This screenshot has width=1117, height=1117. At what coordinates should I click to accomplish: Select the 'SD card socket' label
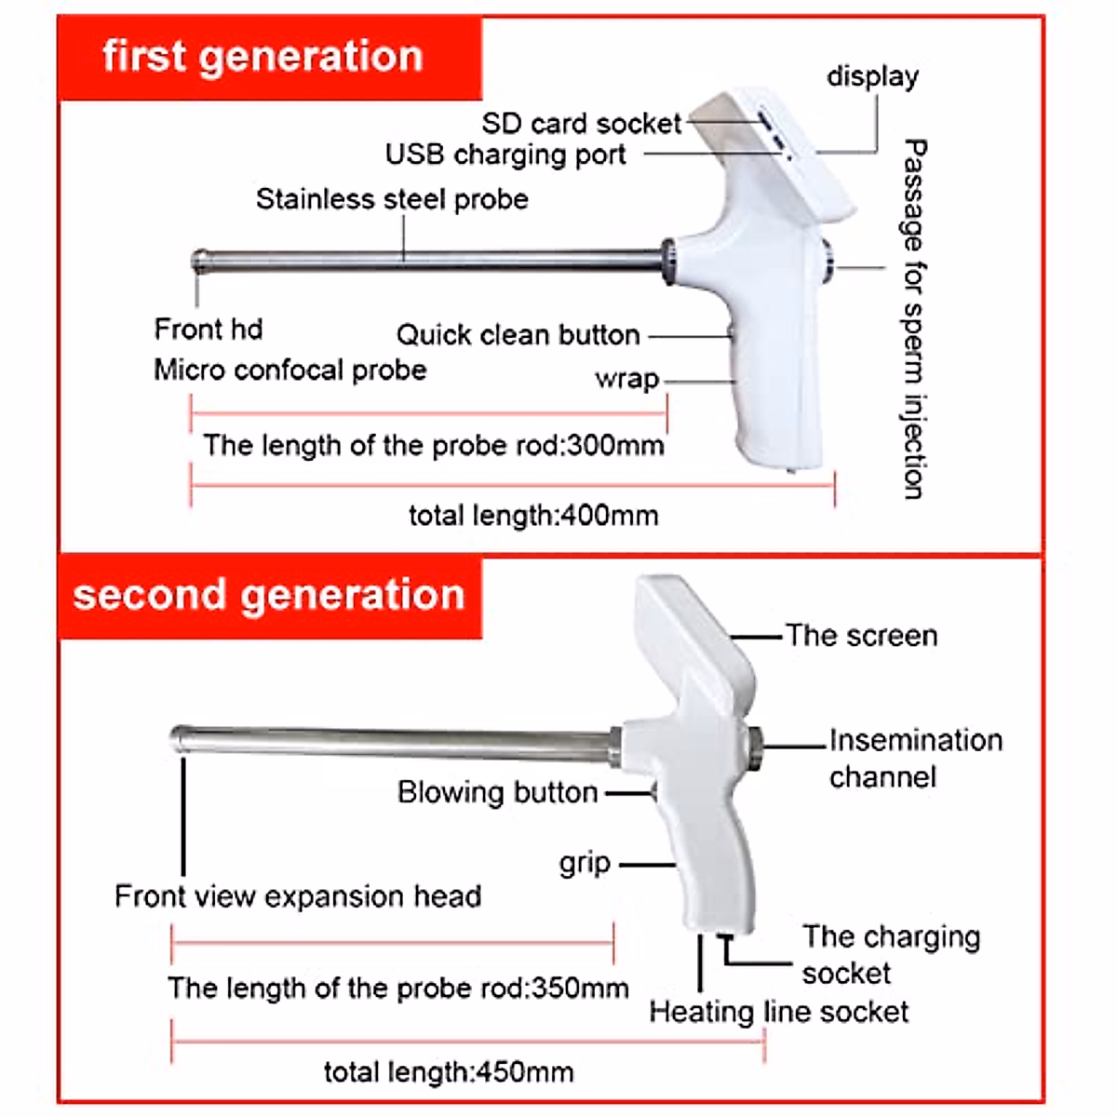coord(581,124)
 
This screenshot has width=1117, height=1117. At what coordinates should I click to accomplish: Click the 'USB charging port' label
coord(505,155)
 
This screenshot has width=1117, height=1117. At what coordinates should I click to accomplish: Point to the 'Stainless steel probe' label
coord(392,199)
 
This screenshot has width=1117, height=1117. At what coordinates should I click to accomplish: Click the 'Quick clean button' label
coord(518,335)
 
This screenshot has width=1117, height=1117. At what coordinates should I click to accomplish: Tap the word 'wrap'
coord(626,380)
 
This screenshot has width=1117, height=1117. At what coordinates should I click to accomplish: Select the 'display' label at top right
coord(872,77)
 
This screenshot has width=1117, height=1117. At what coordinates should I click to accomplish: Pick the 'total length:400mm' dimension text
coord(533,516)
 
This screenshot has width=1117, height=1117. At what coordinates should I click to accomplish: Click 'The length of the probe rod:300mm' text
coord(433,446)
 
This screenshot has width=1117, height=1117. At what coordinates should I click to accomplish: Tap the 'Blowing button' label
coord(497,793)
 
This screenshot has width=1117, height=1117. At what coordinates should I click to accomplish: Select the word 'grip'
coord(585,864)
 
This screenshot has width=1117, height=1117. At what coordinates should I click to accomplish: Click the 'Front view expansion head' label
coord(298,896)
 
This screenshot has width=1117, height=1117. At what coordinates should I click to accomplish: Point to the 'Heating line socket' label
coord(778,1012)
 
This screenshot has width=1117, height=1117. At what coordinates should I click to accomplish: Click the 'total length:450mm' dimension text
coord(448,1072)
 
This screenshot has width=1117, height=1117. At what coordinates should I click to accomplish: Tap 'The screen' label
coord(861,636)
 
